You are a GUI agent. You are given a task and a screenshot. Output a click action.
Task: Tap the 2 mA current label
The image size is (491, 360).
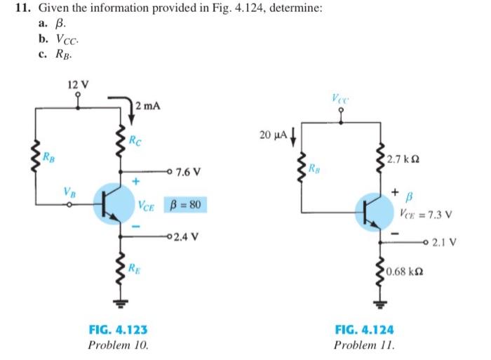[x=149, y=105]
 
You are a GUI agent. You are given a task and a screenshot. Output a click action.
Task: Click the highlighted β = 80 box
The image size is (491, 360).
[x=185, y=205]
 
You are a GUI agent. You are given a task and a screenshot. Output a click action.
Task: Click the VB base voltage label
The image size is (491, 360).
[x=67, y=190]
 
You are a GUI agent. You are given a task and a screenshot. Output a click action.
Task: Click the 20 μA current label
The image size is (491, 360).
[x=273, y=133]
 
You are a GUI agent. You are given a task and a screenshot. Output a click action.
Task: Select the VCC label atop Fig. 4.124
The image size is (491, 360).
[x=343, y=102]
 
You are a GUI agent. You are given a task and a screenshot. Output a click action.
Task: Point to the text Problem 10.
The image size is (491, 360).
[x=117, y=345]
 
